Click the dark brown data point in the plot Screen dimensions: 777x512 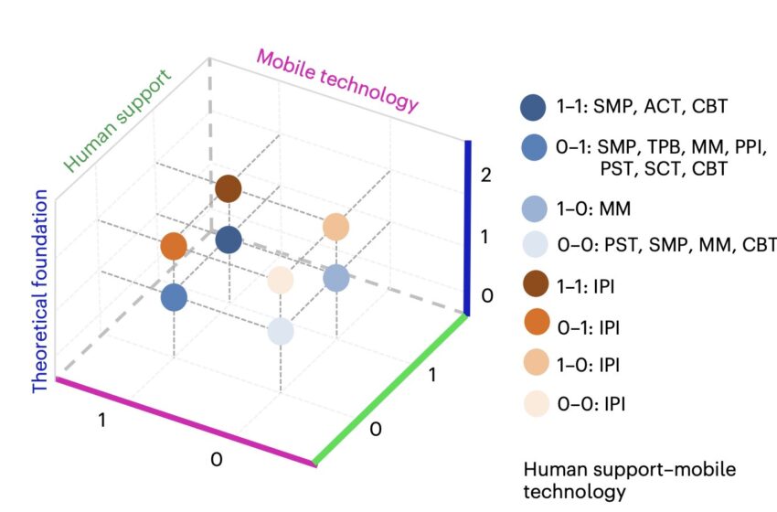(229, 189)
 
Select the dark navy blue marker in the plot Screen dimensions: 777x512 (229, 240)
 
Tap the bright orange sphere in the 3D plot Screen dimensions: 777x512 (174, 246)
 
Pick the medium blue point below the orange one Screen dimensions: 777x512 (174, 298)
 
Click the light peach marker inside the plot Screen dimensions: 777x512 (336, 227)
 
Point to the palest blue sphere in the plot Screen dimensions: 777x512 (281, 331)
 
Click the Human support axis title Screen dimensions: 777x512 (118, 121)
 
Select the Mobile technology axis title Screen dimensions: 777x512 (337, 81)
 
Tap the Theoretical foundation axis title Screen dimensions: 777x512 (39, 292)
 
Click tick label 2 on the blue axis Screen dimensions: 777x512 (485, 175)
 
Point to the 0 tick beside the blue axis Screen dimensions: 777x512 (487, 296)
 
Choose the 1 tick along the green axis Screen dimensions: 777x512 (432, 375)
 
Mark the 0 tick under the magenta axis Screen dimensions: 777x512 (217, 460)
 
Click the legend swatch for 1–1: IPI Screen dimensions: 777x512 (536, 284)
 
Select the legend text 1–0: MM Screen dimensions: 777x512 (593, 208)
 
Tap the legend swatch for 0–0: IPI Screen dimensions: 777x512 (537, 403)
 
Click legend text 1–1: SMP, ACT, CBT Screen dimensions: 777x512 (642, 106)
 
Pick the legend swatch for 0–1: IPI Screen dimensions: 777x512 (537, 322)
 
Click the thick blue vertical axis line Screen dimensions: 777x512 (467, 228)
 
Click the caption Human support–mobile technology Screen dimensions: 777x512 (629, 480)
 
